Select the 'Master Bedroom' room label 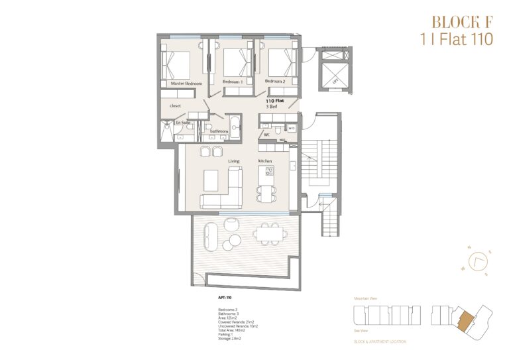click(x=177, y=84)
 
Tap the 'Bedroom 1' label click(x=233, y=81)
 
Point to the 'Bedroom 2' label click(x=275, y=81)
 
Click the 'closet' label click(x=175, y=105)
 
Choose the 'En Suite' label click(x=182, y=123)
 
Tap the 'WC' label click(x=266, y=135)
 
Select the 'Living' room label click(x=234, y=161)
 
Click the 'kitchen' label click(x=265, y=161)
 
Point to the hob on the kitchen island click(x=269, y=171)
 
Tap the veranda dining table click(x=270, y=233)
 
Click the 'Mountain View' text click(x=366, y=299)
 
